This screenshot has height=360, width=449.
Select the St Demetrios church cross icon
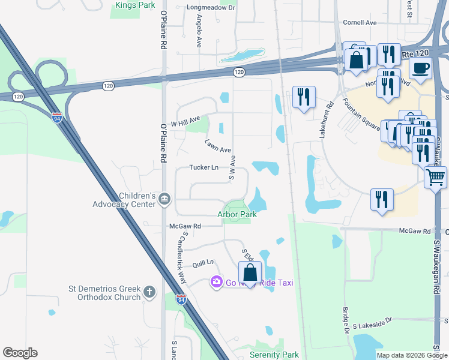point(149,293)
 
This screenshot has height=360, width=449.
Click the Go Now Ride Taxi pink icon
point(216,281)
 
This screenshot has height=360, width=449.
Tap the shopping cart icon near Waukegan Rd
point(435,177)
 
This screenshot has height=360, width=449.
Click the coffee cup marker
point(420,68)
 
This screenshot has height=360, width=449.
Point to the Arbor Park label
point(237,214)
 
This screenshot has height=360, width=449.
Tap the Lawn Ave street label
point(217,145)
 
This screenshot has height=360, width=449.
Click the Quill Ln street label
point(203,263)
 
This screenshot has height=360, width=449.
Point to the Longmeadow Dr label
point(211,8)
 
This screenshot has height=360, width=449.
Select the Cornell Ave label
point(360,23)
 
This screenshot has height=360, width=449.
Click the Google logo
point(20,353)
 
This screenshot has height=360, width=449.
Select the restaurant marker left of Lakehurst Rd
point(303,97)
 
